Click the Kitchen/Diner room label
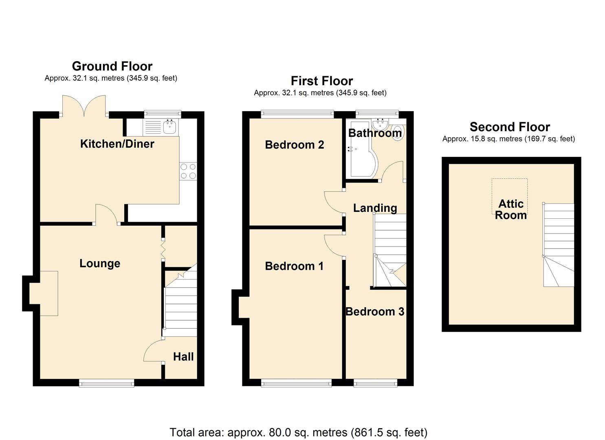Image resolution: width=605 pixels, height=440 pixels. tap(117, 144)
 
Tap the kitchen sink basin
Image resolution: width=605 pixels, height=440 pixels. tap(169, 127)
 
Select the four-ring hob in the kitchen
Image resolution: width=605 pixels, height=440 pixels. tap(188, 171)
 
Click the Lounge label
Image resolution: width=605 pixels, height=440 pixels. tap(100, 264)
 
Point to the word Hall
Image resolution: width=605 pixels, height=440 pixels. tap(183, 357)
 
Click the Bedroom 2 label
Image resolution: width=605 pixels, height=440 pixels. tap(294, 145)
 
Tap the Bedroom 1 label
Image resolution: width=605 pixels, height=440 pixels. tap(294, 266)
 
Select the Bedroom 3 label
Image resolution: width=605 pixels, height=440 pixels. tap(375, 312)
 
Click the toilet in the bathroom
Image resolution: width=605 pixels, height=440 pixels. tap(397, 132)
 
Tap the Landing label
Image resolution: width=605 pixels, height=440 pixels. tap(375, 208)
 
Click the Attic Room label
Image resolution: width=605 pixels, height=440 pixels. tap(511, 209)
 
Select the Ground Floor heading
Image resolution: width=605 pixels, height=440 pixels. tap(112, 66)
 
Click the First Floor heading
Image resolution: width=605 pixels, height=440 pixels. tap(321, 81)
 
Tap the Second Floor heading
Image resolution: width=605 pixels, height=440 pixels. tap(510, 127)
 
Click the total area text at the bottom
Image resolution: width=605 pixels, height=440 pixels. tap(298, 432)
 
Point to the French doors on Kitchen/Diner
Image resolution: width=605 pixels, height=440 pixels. tap(84, 107)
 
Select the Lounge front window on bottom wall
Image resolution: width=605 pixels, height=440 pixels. tap(106, 382)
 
